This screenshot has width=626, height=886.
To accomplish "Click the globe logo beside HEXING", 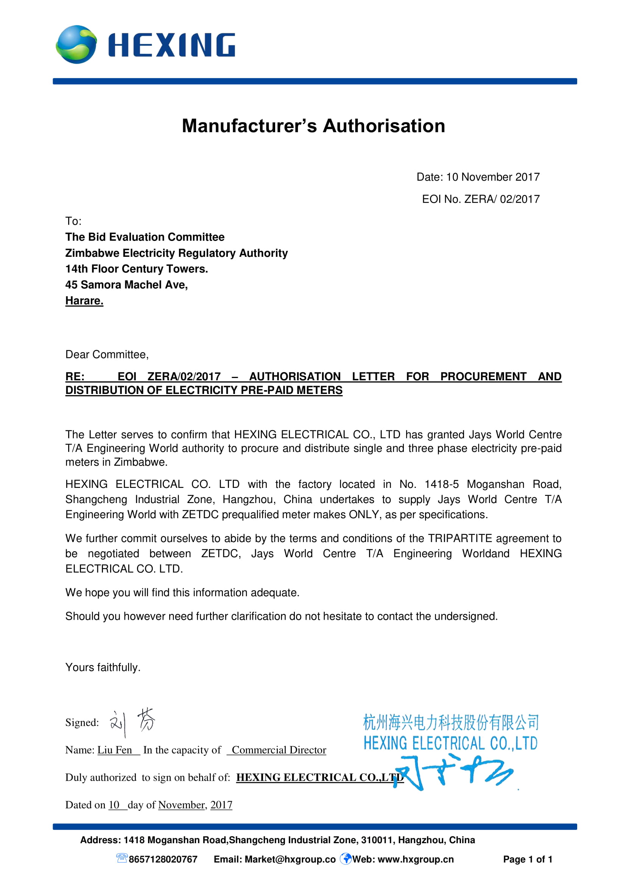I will pos(76,44).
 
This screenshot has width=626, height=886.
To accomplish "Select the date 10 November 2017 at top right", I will pos(493,177).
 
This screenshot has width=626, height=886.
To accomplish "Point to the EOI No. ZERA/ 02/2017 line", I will pos(481,199).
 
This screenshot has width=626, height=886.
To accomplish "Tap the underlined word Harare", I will pos(84,301).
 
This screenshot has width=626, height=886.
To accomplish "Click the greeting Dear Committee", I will pos(107,354).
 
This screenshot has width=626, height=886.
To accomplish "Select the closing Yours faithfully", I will pos(103,667).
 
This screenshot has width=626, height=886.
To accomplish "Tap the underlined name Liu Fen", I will pos(114,750).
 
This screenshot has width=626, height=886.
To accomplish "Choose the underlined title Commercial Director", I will pos(279,750).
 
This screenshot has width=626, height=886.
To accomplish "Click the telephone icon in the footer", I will pos(122,858).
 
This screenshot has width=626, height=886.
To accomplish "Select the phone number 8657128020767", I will pos(163,859).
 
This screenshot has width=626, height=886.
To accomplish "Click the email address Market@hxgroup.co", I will pos(290,859).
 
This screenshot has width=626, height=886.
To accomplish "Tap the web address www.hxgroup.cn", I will pos(416,859).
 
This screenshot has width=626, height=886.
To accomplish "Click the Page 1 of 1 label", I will pos(528,859).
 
